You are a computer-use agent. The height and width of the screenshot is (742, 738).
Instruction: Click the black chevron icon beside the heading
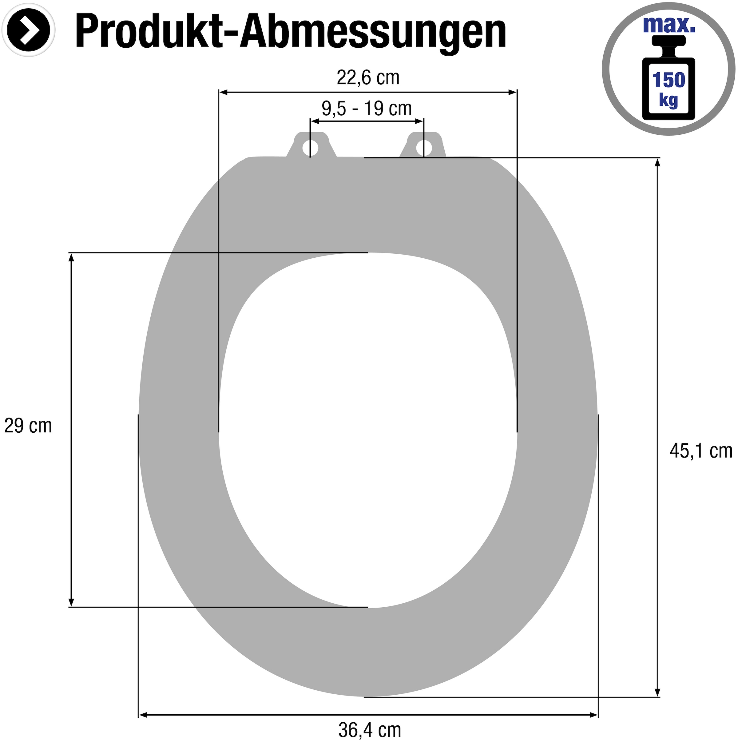[x=29, y=30]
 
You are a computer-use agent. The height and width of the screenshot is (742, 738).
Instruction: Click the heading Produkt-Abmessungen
[x=290, y=31]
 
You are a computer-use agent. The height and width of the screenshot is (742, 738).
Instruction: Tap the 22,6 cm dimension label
[x=368, y=78]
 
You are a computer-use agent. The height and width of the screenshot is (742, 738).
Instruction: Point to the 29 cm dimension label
[x=28, y=426]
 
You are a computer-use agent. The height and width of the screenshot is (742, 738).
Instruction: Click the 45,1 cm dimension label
[x=701, y=450]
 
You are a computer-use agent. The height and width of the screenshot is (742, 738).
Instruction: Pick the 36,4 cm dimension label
[x=369, y=730]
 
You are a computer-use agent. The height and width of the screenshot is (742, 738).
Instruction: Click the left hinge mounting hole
[x=310, y=148]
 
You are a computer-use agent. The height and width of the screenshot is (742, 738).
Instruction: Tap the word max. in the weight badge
[x=669, y=24]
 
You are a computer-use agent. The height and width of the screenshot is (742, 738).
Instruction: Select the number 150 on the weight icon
[x=669, y=80]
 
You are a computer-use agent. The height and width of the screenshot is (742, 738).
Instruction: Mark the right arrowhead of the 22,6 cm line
[x=512, y=92]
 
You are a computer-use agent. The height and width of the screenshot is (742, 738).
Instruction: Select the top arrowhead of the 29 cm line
[x=71, y=258]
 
